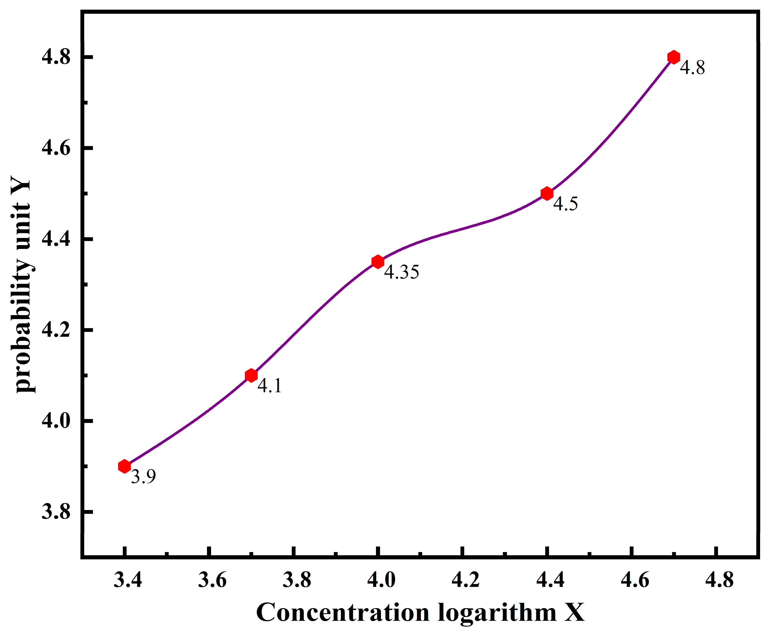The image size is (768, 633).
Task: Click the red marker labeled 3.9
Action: pyautogui.click(x=124, y=466)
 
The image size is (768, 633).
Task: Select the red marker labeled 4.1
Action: pyautogui.click(x=251, y=375)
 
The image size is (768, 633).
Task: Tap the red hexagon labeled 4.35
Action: pyautogui.click(x=378, y=262)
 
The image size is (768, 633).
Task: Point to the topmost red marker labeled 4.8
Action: pyautogui.click(x=674, y=57)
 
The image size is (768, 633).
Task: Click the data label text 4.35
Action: pyautogui.click(x=401, y=272)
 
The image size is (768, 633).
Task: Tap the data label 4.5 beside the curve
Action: pyautogui.click(x=566, y=203)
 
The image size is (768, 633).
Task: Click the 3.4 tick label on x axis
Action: pyautogui.click(x=128, y=580)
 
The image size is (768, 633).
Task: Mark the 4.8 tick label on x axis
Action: pyautogui.click(x=719, y=580)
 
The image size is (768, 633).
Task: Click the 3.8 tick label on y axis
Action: pyautogui.click(x=56, y=512)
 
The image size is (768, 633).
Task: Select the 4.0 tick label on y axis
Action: pyautogui.click(x=56, y=421)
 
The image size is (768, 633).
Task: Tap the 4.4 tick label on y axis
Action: pyautogui.click(x=56, y=239)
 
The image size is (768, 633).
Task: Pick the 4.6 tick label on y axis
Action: pyautogui.click(x=56, y=148)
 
